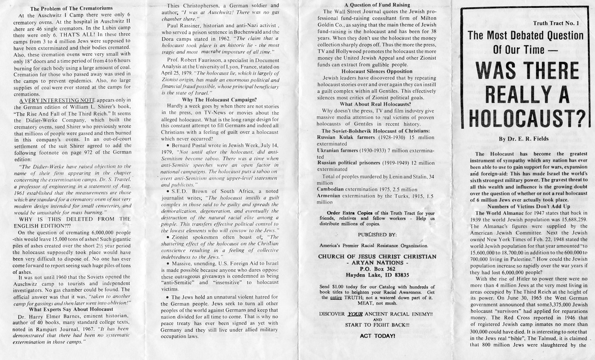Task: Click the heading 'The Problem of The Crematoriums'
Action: coord(71,8)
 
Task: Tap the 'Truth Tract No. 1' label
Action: coord(556,23)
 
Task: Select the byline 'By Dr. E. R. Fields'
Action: coord(523,139)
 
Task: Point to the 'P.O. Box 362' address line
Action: coord(377,269)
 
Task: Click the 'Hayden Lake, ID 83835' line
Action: coord(377,275)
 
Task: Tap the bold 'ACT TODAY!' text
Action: coord(377,336)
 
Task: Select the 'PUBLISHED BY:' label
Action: coord(377,234)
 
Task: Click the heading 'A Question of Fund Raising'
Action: coord(377,5)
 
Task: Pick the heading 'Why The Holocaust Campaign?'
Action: coord(219,99)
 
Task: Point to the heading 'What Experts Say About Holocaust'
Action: coord(71,309)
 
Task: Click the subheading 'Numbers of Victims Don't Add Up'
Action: coord(529,206)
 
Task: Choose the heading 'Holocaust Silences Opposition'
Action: coord(377,71)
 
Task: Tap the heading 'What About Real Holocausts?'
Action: coord(375,104)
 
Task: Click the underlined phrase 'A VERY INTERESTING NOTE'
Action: coord(54,100)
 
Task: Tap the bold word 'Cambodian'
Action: coord(330,189)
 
